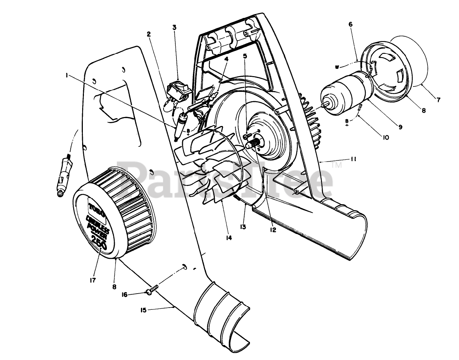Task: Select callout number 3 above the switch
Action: [174, 27]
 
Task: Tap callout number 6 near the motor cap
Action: [350, 24]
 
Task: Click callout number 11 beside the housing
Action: [353, 160]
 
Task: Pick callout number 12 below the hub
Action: [274, 230]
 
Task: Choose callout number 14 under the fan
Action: [228, 238]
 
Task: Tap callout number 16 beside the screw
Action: [124, 295]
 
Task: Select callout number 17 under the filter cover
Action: [93, 280]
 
